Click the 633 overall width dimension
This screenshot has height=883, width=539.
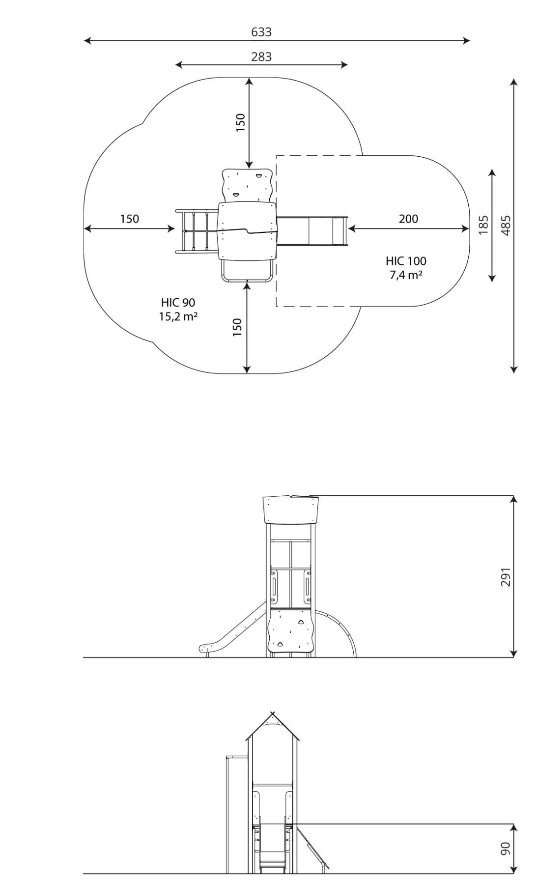(261, 32)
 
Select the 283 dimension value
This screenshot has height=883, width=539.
(261, 57)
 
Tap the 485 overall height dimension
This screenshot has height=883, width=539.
(506, 225)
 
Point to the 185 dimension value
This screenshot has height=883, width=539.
(483, 225)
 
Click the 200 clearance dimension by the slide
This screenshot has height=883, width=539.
(408, 219)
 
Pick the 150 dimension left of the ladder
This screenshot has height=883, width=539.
(130, 219)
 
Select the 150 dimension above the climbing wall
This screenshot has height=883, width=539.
(240, 122)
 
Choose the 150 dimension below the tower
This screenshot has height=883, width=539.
(237, 327)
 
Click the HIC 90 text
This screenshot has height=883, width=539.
(178, 302)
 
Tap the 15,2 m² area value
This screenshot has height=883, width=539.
(178, 316)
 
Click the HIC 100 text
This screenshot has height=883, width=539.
(406, 261)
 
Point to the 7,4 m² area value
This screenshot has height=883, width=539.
(406, 275)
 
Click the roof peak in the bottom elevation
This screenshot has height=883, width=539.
(272, 713)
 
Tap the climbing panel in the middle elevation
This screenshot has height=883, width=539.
(290, 630)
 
